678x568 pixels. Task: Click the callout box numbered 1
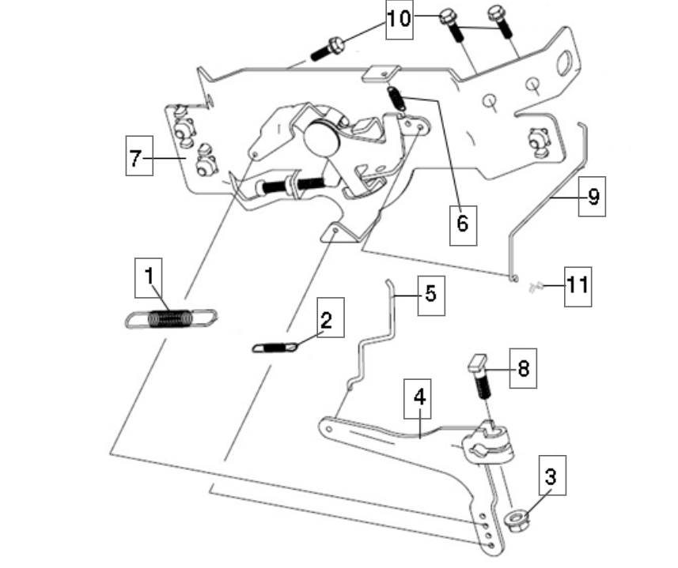(150, 278)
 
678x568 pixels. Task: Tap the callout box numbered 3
(551, 476)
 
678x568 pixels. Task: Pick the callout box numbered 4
(419, 397)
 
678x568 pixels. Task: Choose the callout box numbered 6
(462, 223)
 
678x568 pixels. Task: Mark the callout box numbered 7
(136, 158)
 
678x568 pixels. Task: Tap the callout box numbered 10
(400, 18)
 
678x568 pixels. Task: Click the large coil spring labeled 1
(172, 318)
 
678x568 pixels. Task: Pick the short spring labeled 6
(396, 98)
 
